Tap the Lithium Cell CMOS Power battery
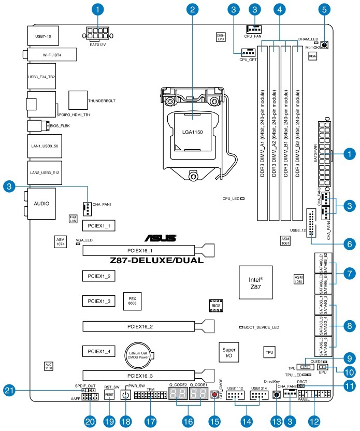click(138, 354)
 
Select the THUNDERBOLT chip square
click(78, 100)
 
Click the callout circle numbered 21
click(9, 390)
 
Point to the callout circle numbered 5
click(324, 9)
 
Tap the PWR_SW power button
click(125, 395)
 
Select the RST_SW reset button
click(109, 395)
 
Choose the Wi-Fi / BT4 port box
click(50, 54)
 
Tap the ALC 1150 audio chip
click(49, 366)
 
